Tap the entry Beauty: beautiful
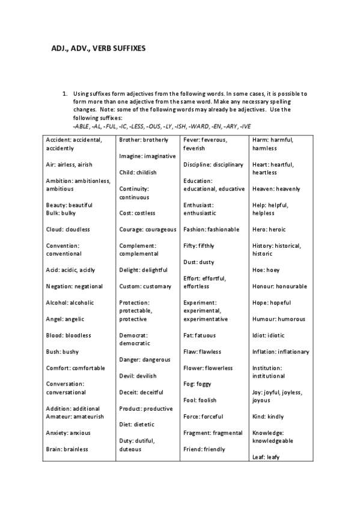69,205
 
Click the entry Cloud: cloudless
68,229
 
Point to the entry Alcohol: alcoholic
69,303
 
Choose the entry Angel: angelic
64,319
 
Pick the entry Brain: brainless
67,449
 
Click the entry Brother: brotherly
144,140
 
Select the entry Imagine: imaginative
147,156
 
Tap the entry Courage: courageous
148,229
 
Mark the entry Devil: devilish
138,376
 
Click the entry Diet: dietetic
136,425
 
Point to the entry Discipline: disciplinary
213,164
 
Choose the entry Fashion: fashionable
211,229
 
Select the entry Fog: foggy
197,384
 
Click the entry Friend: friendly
204,449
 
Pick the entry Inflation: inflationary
281,352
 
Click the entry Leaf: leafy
266,456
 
